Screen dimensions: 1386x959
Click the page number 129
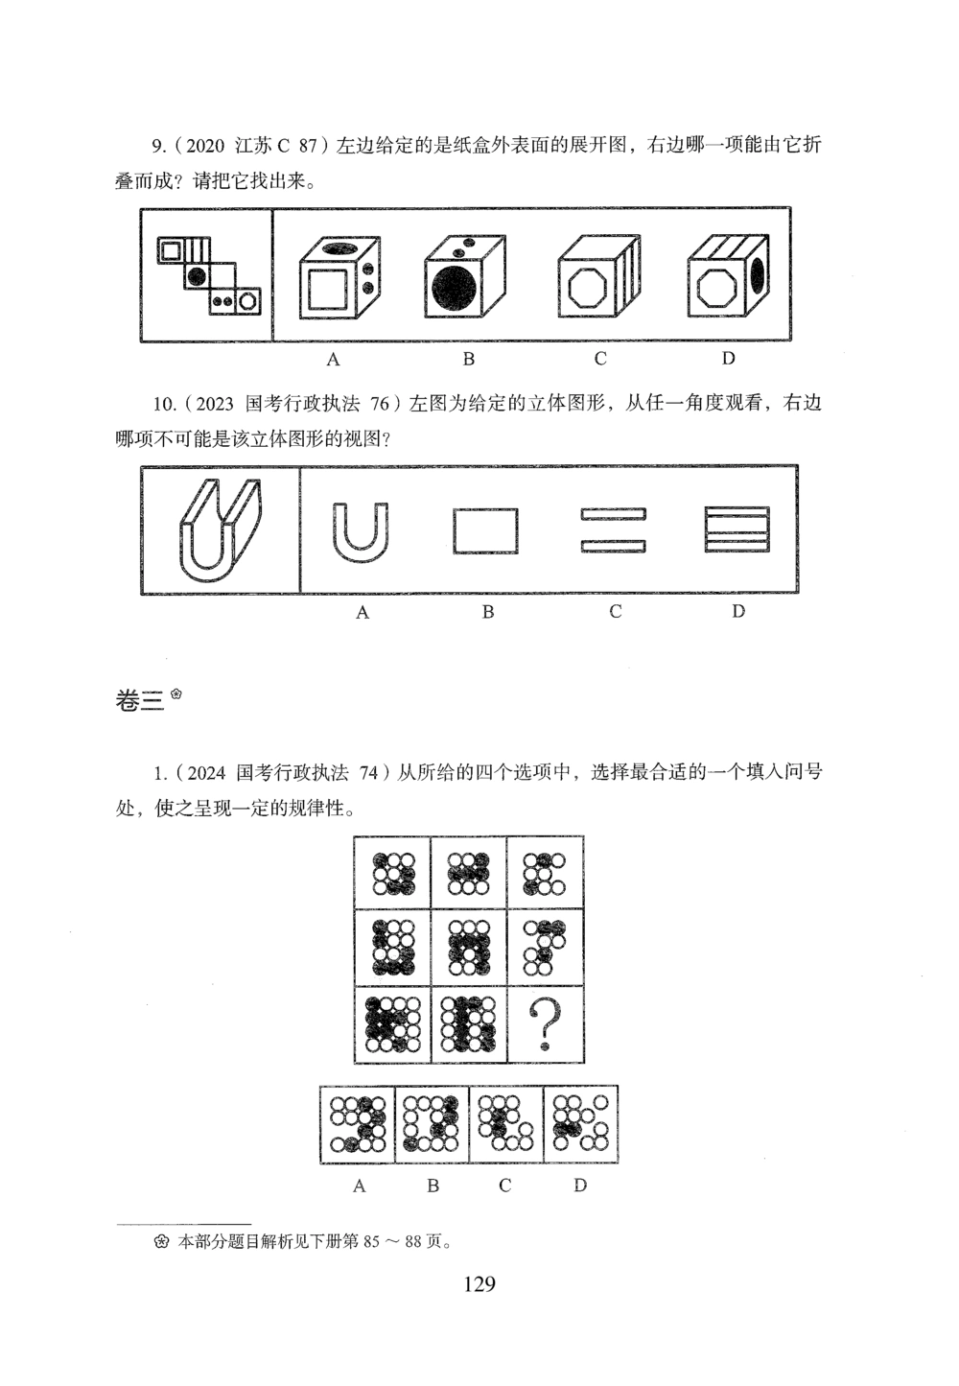pos(479,1283)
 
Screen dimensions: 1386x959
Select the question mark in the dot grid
pos(545,1023)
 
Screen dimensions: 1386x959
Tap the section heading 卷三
pos(140,701)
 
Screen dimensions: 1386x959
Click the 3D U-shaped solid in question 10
pos(220,529)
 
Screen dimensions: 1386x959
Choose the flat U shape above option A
pos(361,529)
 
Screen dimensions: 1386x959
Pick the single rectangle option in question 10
pos(485,530)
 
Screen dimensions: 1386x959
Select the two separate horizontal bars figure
pos(613,530)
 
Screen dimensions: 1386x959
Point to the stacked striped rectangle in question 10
pos(737,529)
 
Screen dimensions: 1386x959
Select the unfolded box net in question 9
pos(207,275)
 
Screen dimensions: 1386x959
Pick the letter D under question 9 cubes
pos(729,359)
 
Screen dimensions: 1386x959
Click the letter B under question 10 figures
pos(487,612)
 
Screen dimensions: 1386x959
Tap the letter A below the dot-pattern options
pos(359,1186)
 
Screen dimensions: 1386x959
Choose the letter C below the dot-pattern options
pos(505,1186)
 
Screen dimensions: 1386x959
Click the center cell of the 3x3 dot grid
pos(468,948)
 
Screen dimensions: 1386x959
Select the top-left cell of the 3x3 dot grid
pos(392,873)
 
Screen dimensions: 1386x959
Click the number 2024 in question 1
pos(201,772)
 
